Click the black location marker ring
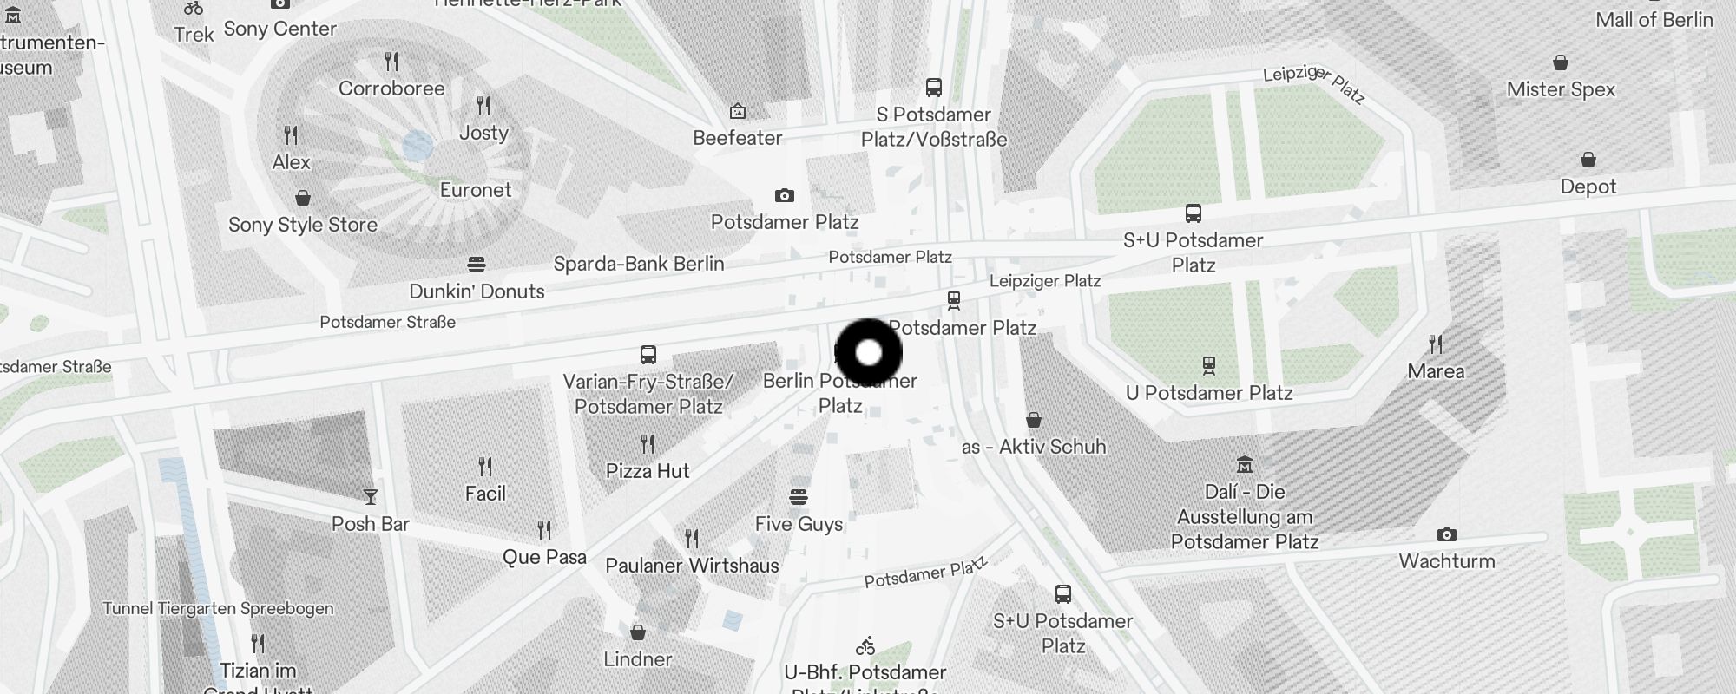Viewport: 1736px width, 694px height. (869, 353)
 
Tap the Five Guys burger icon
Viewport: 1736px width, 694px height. (799, 497)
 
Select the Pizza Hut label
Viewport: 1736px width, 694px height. (648, 471)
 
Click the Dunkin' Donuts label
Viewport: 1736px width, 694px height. (477, 291)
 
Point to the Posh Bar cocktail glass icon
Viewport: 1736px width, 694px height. (371, 497)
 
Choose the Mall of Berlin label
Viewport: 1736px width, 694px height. (1654, 20)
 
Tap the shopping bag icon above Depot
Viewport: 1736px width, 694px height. (1588, 160)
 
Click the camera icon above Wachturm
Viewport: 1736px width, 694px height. (1446, 534)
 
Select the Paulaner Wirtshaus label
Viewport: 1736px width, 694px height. (692, 566)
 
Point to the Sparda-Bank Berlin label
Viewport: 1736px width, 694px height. (639, 264)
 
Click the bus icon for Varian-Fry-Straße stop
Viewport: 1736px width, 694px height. (648, 354)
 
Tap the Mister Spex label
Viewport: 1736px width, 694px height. (1561, 89)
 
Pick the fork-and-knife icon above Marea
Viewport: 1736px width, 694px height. (1436, 344)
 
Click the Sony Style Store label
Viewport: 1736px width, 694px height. (303, 225)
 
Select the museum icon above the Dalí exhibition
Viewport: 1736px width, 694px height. (1245, 464)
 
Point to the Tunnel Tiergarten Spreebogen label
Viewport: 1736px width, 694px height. (218, 608)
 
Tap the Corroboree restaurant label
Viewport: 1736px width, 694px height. (391, 88)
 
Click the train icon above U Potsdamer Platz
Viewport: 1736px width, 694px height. (1209, 365)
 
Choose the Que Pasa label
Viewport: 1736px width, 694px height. (544, 557)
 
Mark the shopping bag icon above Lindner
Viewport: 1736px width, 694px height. (638, 632)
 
